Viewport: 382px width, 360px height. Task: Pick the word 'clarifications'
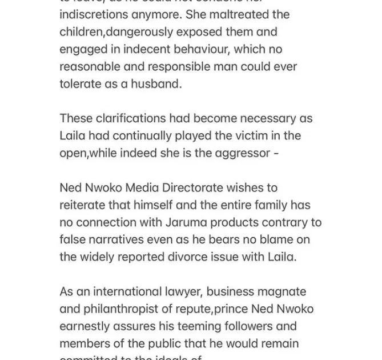[x=132, y=118]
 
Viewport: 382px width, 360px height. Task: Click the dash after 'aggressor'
[x=276, y=154]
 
